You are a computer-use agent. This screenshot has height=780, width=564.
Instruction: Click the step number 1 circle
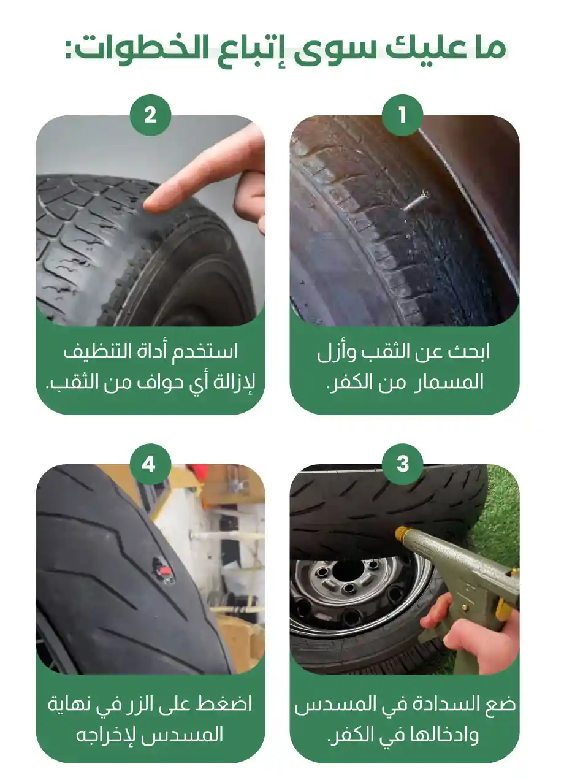point(402,115)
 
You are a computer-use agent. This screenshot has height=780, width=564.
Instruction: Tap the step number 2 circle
point(150,115)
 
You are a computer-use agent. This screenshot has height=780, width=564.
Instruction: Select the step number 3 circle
point(402,464)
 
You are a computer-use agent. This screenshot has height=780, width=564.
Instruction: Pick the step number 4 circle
point(150,464)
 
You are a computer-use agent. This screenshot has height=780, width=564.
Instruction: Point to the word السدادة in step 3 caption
point(447,704)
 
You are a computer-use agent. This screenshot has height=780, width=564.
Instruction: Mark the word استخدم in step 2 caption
point(211,353)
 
